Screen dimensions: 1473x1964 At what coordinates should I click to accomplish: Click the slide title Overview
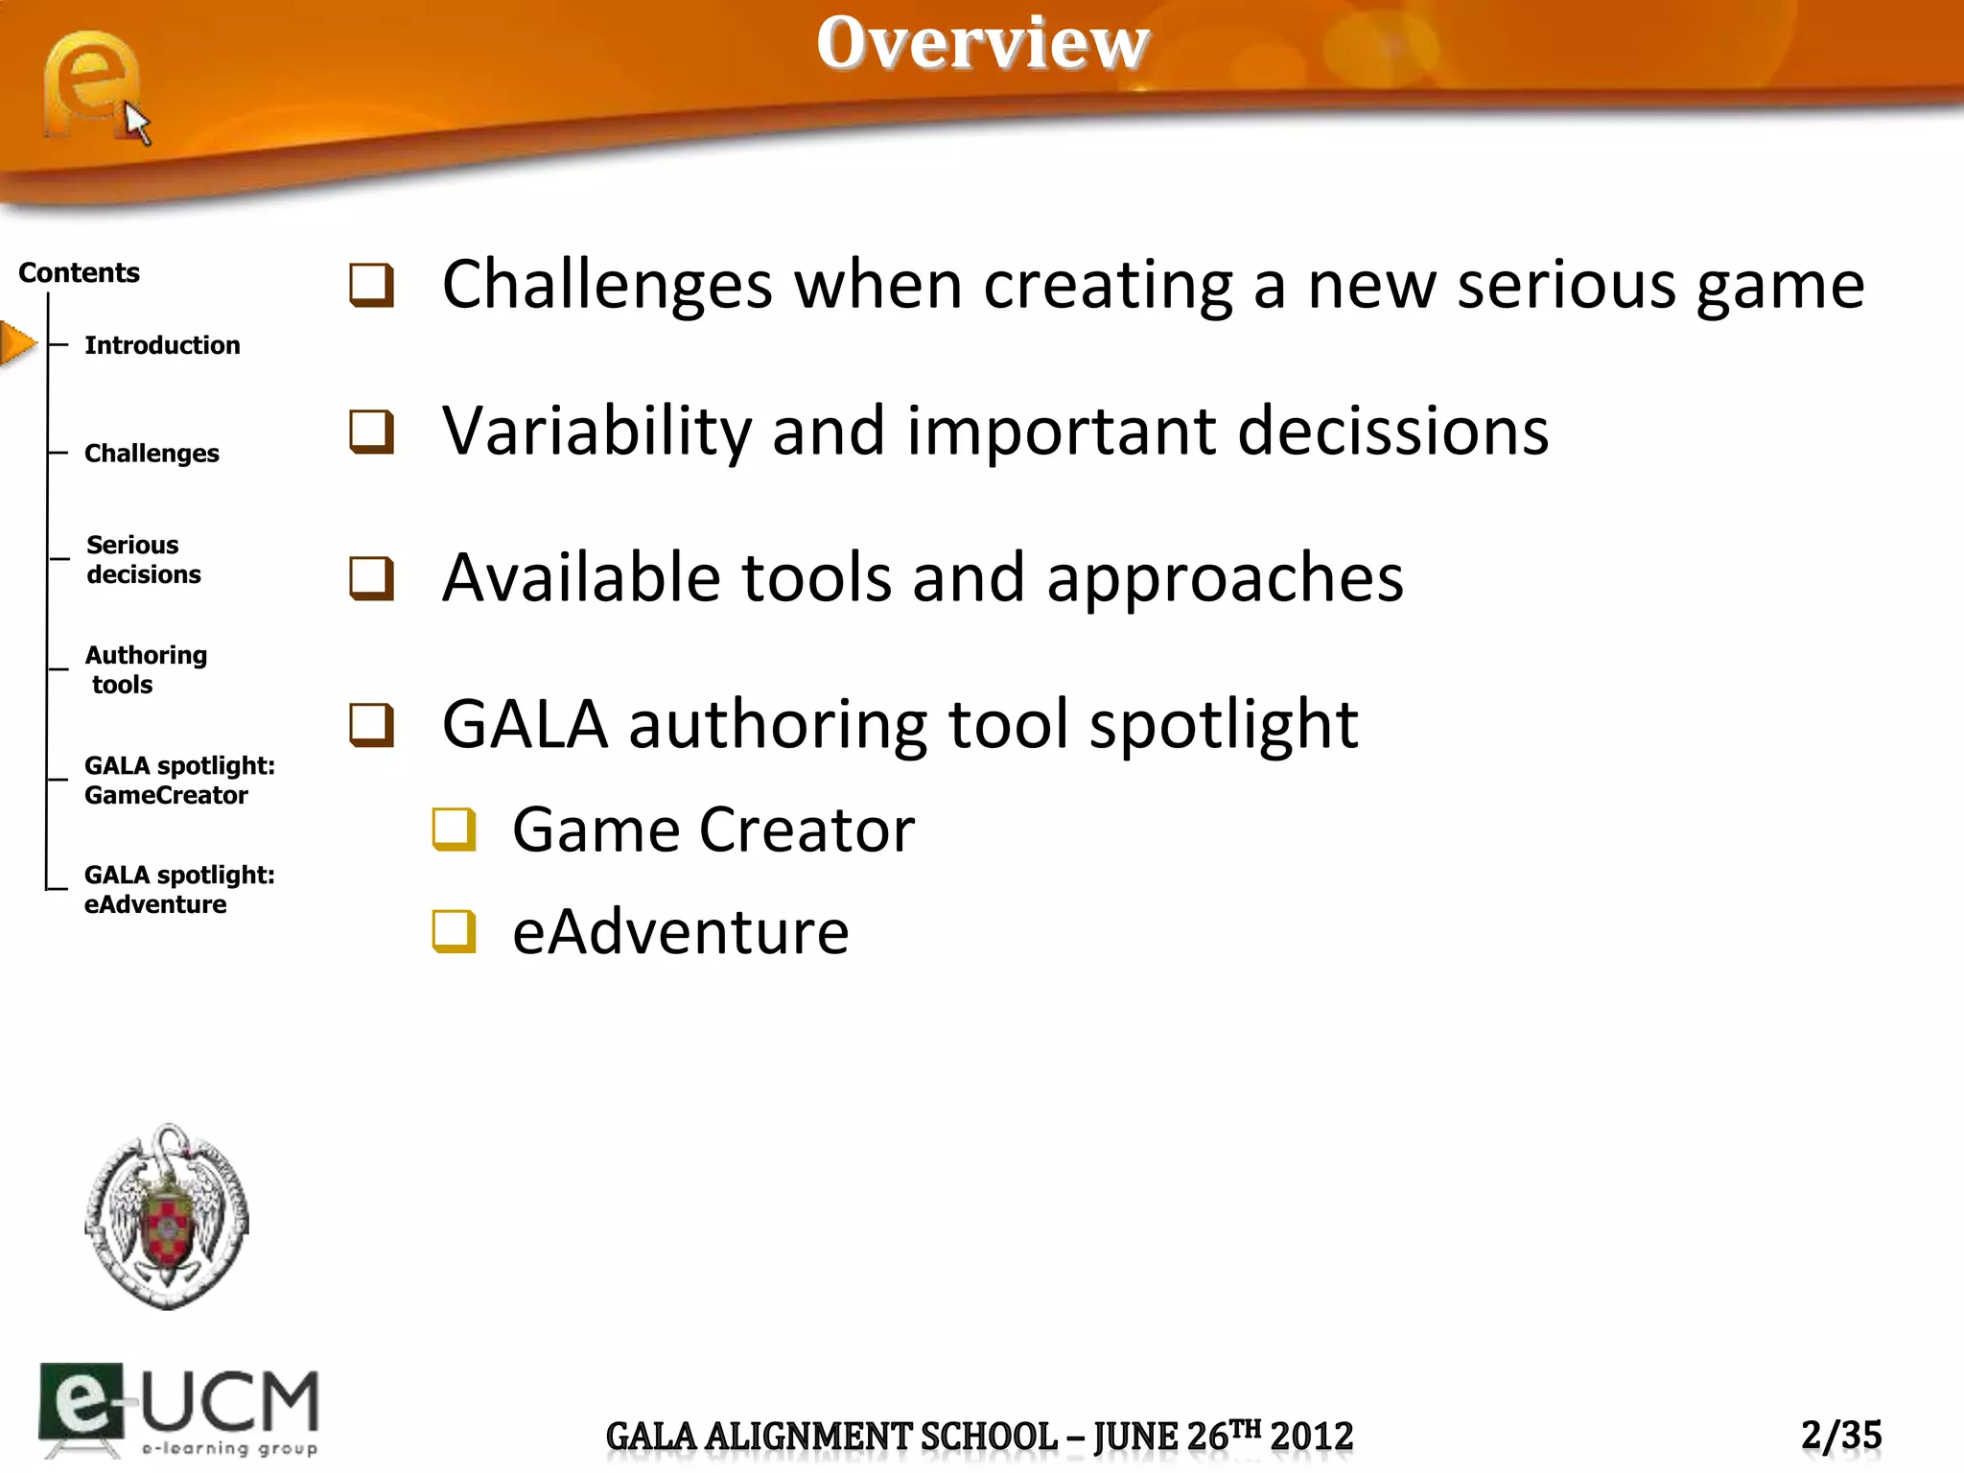click(x=982, y=43)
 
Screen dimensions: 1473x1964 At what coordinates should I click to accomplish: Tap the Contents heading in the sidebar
click(x=79, y=273)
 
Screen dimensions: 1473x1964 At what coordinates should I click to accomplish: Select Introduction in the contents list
click(x=162, y=345)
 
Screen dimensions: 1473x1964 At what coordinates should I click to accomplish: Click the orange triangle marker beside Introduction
click(x=17, y=343)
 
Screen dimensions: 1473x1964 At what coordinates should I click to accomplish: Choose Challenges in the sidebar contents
click(x=152, y=454)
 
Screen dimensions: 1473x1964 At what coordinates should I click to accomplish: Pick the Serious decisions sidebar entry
click(x=143, y=559)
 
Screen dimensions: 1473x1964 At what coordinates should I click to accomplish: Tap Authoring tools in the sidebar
click(x=145, y=669)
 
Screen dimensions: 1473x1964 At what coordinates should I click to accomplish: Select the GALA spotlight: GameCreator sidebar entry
click(x=178, y=781)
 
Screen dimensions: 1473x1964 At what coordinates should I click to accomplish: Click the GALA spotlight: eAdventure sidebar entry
click(x=178, y=890)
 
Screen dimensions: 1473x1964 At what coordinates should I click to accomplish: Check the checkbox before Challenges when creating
click(x=371, y=285)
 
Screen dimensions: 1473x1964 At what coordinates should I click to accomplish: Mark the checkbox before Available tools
click(x=371, y=578)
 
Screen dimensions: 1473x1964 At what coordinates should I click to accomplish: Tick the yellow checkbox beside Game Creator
click(x=454, y=830)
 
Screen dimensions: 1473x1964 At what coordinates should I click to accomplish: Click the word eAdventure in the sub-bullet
click(x=680, y=932)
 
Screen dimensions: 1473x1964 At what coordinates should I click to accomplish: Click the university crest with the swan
click(x=167, y=1216)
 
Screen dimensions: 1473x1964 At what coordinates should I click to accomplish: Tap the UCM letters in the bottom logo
click(x=230, y=1402)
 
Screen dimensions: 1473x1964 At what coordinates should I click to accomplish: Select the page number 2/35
click(x=1840, y=1436)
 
